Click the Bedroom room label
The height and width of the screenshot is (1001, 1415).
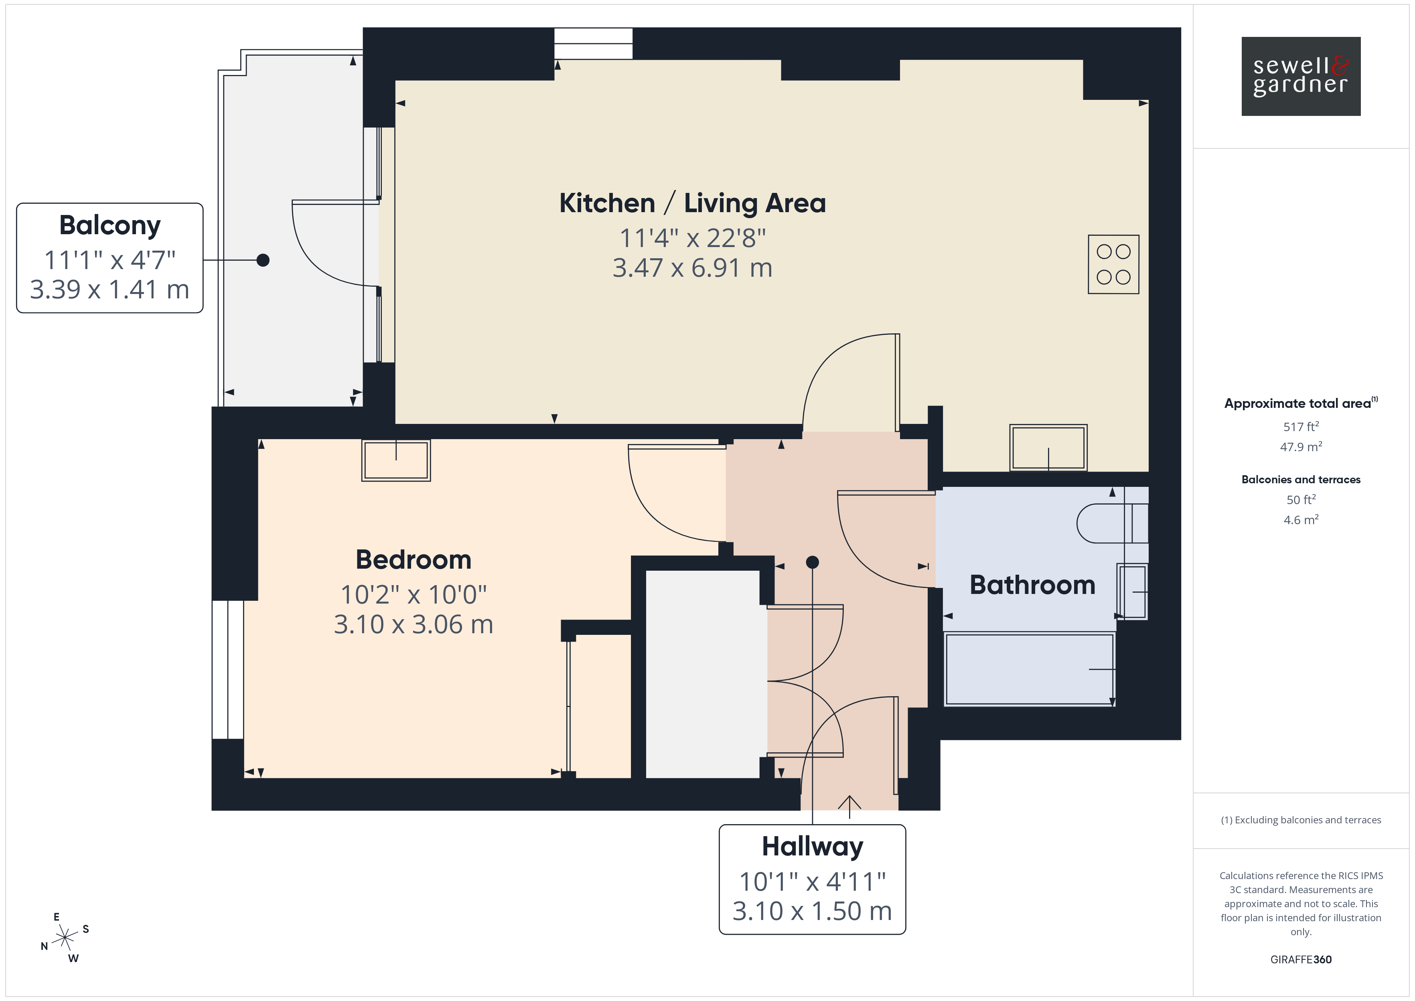click(414, 560)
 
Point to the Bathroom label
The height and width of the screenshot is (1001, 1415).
click(1032, 585)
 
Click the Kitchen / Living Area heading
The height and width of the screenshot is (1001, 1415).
click(692, 203)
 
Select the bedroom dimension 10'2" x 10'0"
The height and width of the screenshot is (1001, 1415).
click(414, 595)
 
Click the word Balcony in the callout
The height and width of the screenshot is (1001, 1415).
click(110, 226)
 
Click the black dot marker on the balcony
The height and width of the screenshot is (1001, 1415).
click(263, 260)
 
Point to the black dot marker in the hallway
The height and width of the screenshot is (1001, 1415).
click(812, 562)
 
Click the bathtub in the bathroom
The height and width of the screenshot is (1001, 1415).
click(1029, 669)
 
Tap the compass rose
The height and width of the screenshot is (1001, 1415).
click(65, 938)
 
